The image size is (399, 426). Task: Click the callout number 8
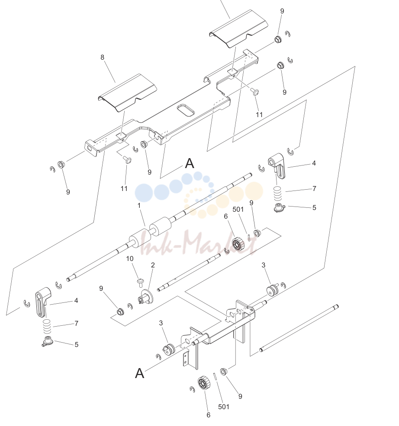102,57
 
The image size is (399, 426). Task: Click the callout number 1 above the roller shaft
139,206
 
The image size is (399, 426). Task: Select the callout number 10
130,259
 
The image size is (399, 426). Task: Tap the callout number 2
153,265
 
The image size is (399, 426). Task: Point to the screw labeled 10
141,283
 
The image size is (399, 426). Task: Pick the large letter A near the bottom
140,373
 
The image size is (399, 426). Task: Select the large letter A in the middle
190,164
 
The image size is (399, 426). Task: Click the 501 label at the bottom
224,407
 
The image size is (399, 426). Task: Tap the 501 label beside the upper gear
238,210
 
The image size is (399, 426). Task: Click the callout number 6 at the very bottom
209,415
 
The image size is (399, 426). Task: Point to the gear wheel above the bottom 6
204,383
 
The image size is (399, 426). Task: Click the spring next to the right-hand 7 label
278,193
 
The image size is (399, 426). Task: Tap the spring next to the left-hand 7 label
47,327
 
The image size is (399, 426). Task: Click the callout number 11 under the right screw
259,115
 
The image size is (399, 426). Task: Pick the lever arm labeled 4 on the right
277,165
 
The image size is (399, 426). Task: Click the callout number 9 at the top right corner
282,11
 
